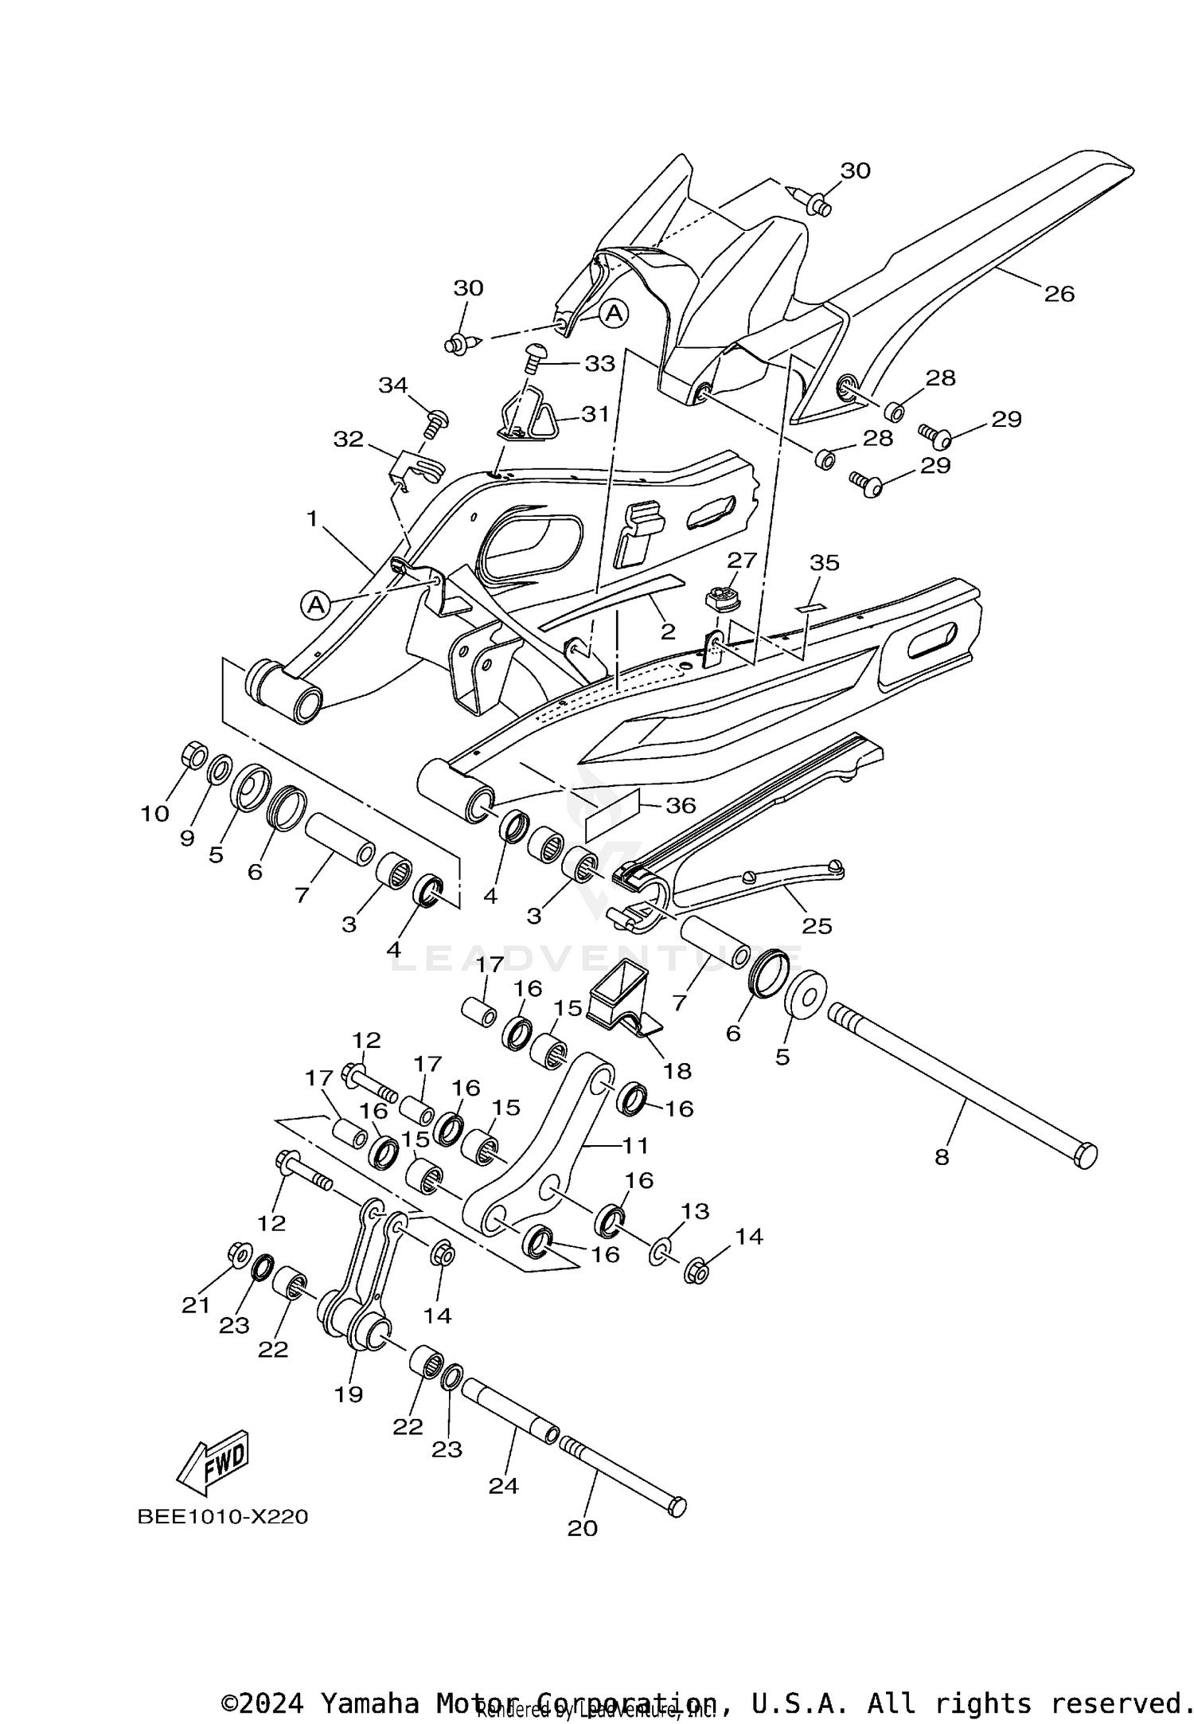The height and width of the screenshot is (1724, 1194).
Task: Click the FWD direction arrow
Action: (x=213, y=1466)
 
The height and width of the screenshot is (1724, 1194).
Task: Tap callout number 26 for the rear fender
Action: (x=1059, y=294)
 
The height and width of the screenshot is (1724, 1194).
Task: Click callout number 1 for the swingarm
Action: (x=312, y=519)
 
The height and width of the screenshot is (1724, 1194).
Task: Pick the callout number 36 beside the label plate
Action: (x=681, y=805)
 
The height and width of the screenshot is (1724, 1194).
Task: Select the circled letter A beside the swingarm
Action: (x=316, y=604)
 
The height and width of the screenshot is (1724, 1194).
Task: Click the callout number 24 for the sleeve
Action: (x=503, y=1485)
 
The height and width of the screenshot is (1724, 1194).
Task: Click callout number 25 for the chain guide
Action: (x=817, y=926)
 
